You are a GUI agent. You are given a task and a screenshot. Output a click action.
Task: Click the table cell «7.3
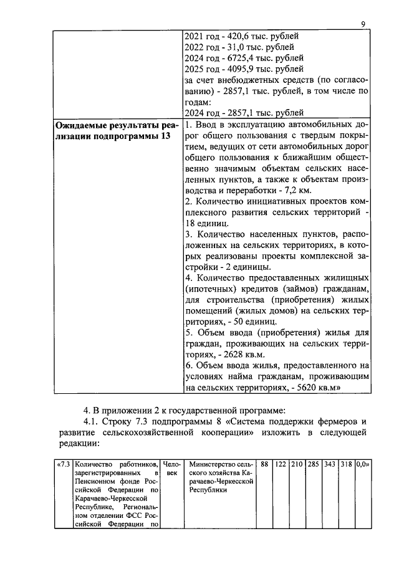[x=63, y=464]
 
